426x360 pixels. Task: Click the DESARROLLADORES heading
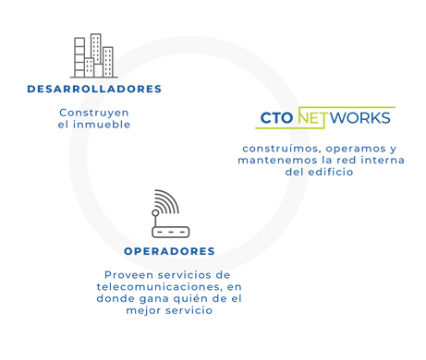tap(94, 90)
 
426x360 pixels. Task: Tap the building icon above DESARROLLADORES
tap(107, 69)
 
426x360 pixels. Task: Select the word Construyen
tap(93, 112)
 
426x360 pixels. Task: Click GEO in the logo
tap(275, 118)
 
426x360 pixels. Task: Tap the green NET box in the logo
tap(312, 118)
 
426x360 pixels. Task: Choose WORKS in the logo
tap(360, 118)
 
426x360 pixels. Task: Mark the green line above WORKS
tap(360, 107)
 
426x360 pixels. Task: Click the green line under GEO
tap(275, 129)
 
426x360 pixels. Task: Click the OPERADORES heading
tap(169, 251)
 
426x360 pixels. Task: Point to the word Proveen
tap(124, 274)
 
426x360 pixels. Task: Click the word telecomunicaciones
tap(152, 286)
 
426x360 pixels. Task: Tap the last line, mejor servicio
tap(167, 310)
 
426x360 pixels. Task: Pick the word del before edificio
tap(293, 172)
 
